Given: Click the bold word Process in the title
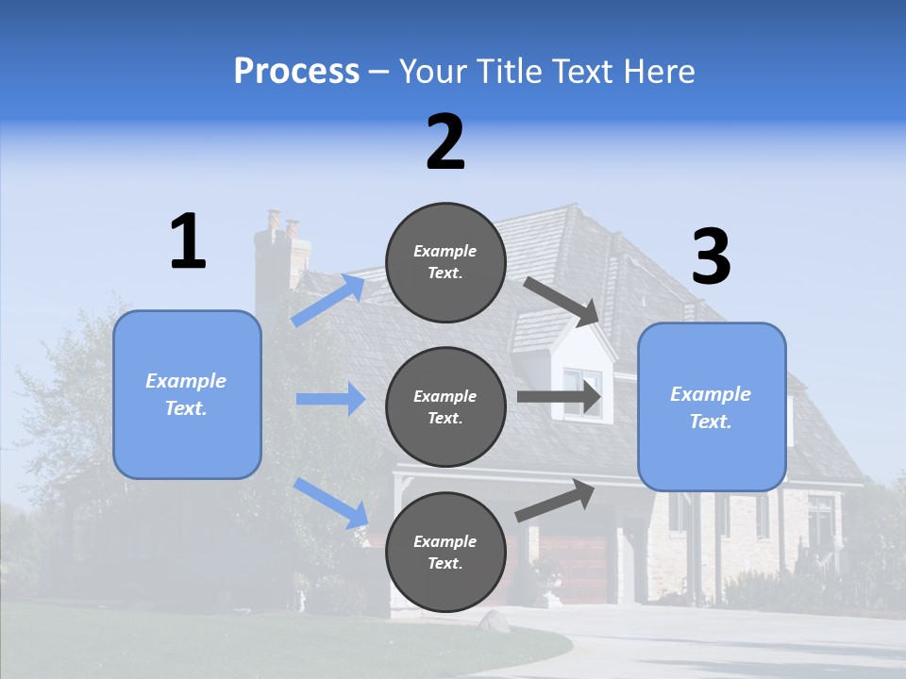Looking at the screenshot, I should click(x=296, y=71).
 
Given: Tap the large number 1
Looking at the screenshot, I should click(x=188, y=241).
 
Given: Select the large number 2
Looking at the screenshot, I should click(x=445, y=142).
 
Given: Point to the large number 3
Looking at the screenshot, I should click(x=711, y=257).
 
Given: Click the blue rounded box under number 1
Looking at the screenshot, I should click(x=187, y=394).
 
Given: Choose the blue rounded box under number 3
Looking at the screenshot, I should click(x=712, y=406).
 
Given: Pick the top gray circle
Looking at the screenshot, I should click(x=445, y=262).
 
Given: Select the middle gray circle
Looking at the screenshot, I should click(x=445, y=406).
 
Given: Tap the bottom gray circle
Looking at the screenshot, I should click(x=445, y=552).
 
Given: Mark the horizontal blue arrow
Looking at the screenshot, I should click(x=330, y=399).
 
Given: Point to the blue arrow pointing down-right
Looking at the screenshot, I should click(x=330, y=503).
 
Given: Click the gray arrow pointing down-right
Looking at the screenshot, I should click(x=561, y=301).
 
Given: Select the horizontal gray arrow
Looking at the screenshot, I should click(x=559, y=397).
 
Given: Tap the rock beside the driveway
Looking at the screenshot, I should click(x=494, y=621).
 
